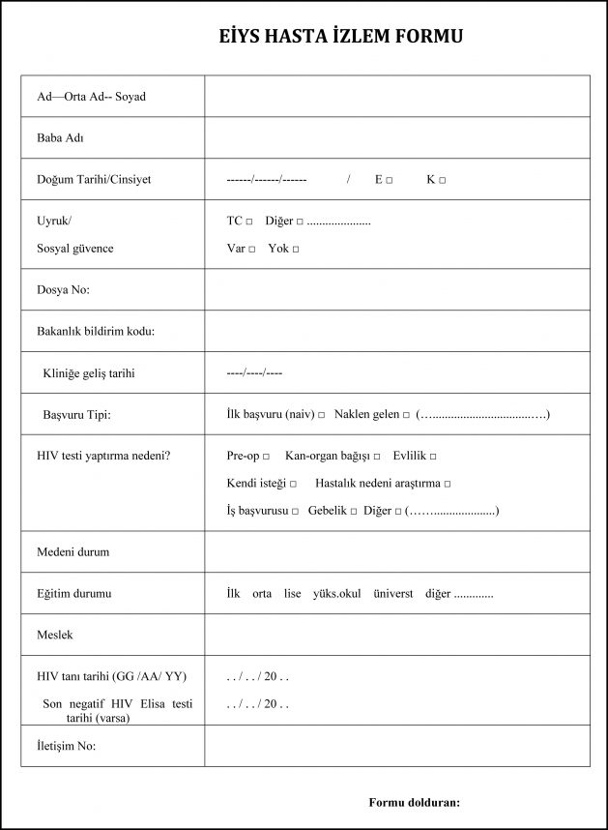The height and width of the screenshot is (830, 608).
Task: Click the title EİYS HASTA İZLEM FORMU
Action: (340, 37)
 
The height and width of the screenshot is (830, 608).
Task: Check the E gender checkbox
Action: (389, 181)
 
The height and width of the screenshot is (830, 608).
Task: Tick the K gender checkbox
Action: (442, 181)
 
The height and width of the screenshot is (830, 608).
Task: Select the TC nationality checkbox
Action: (249, 222)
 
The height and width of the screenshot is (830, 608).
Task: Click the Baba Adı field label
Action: (60, 138)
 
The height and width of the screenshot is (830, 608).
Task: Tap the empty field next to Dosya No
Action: (396, 289)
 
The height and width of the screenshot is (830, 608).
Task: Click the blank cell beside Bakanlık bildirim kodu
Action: (396, 331)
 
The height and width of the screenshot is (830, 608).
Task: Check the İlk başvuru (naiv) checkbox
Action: (321, 415)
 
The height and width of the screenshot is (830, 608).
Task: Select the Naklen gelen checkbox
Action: (406, 415)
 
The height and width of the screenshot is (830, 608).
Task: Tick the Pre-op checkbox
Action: (266, 457)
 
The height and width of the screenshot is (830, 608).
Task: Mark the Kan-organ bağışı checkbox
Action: (377, 457)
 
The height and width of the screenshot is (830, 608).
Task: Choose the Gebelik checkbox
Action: (354, 512)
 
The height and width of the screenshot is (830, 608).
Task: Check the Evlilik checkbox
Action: (433, 457)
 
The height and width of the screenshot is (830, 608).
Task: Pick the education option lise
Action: (293, 594)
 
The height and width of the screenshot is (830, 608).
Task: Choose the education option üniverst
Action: (392, 594)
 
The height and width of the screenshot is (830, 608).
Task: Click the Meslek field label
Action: (55, 635)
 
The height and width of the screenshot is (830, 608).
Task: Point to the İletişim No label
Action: (67, 746)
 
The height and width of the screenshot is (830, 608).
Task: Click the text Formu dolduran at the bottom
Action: (414, 802)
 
